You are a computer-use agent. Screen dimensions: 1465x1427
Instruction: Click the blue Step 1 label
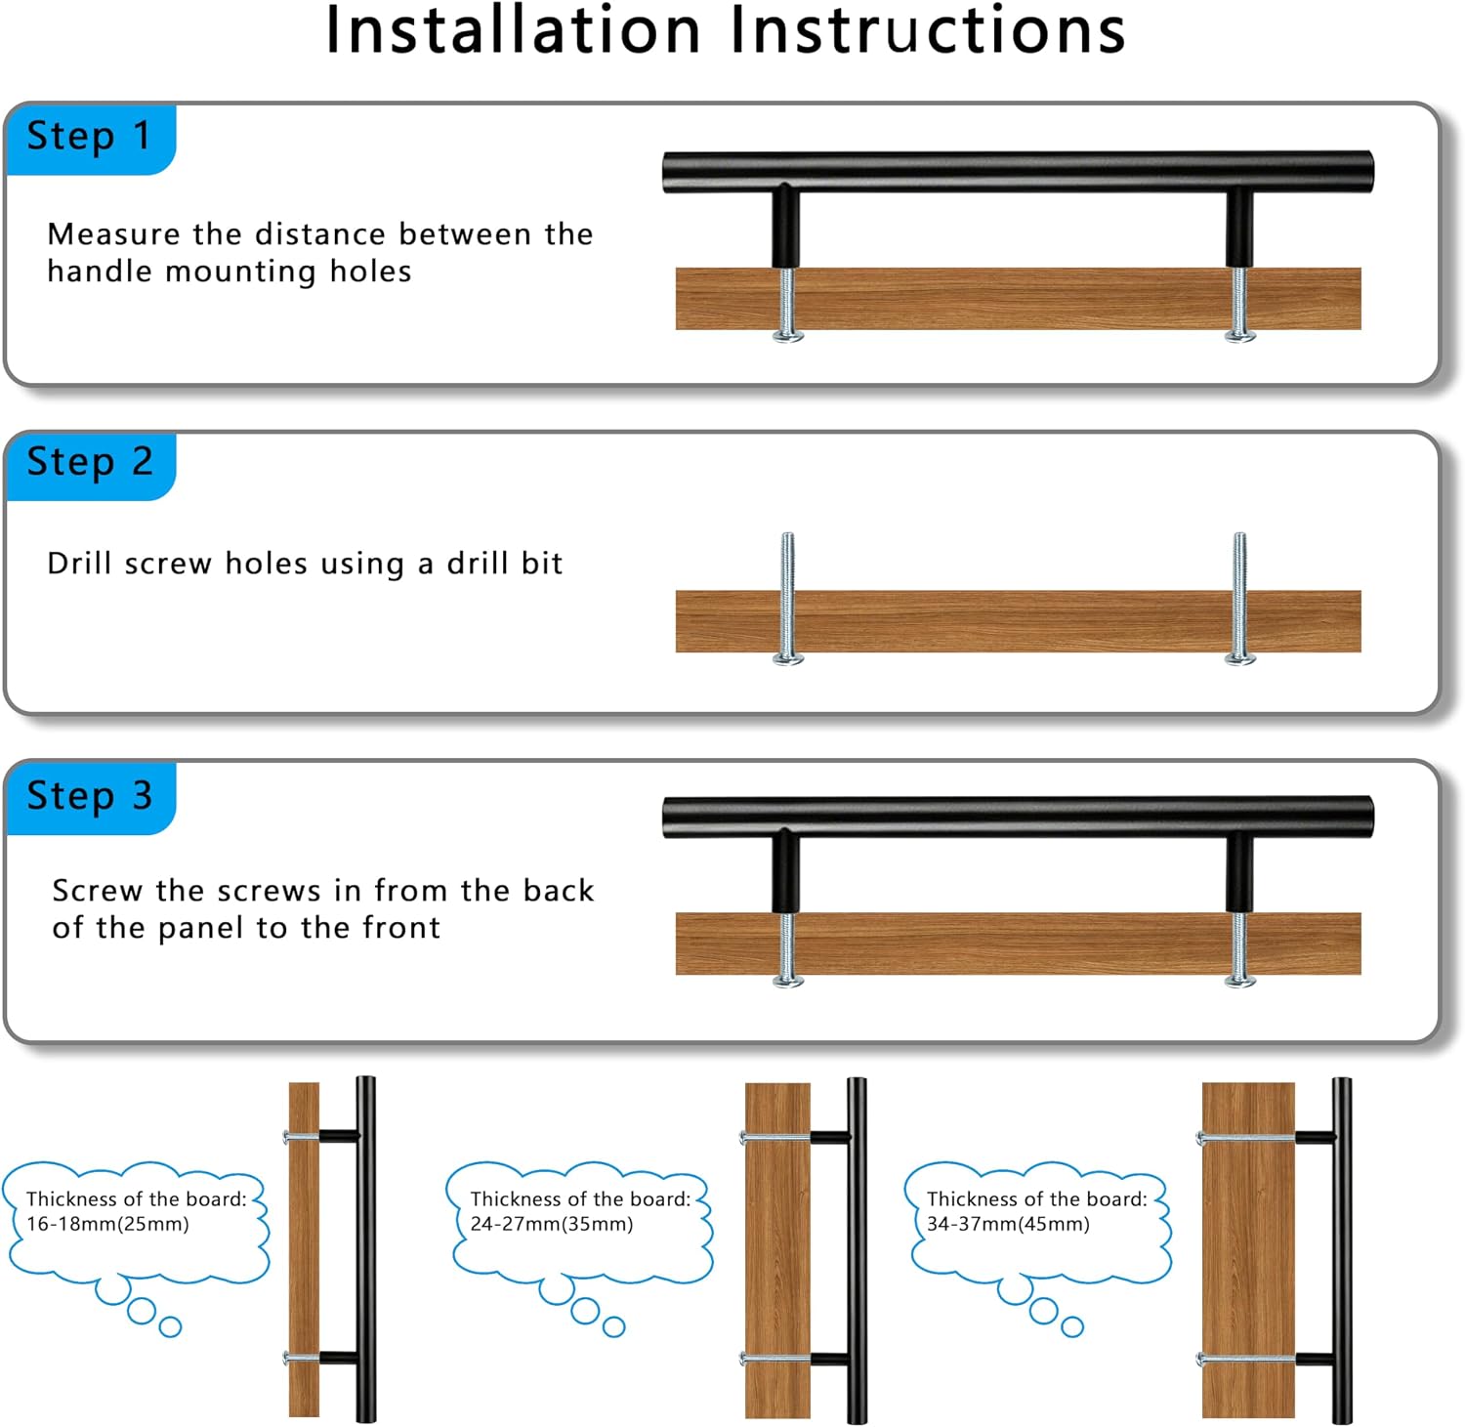(x=90, y=139)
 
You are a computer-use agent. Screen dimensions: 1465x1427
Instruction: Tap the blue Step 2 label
(x=90, y=465)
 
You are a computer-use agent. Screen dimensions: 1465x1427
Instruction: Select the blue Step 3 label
(x=90, y=797)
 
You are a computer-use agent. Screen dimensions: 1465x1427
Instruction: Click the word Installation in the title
(x=514, y=30)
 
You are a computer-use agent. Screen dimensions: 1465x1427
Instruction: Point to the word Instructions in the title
(x=929, y=30)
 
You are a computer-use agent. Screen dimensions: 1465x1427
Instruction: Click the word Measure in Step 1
(x=114, y=234)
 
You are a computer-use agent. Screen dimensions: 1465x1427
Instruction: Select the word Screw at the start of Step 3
(x=98, y=891)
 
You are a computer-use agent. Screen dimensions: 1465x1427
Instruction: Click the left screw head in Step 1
(x=788, y=337)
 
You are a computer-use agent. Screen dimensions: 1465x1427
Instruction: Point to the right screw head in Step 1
(x=1240, y=337)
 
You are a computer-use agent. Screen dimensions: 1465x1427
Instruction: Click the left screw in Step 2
(x=788, y=599)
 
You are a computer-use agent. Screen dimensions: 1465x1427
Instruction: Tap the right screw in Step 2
(x=1240, y=599)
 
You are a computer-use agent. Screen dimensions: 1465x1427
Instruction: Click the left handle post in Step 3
(x=786, y=873)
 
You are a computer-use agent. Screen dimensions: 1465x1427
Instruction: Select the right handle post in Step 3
(x=1239, y=873)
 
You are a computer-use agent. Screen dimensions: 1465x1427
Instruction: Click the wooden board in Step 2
(x=1018, y=621)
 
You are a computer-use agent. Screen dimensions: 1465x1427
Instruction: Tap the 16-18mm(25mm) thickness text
(x=107, y=1224)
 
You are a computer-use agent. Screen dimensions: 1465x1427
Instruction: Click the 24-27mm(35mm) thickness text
(x=552, y=1224)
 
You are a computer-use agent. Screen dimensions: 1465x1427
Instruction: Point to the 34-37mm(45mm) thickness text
(x=1008, y=1224)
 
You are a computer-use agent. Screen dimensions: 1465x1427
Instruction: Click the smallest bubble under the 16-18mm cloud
(x=170, y=1326)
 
